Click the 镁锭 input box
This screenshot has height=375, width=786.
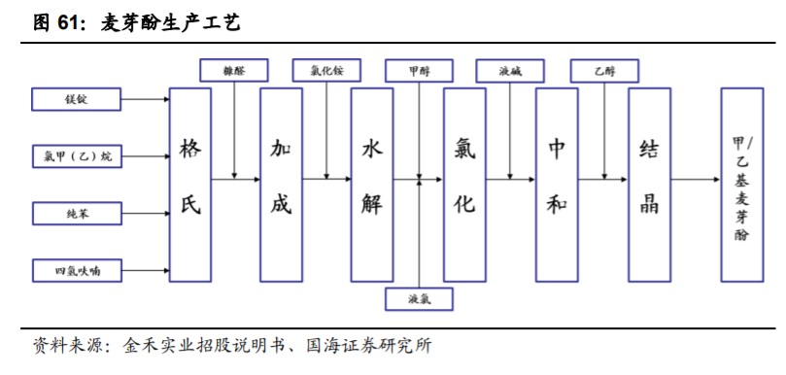coord(77,100)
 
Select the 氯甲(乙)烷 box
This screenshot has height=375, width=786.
coord(77,155)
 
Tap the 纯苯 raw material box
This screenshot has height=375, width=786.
coord(77,212)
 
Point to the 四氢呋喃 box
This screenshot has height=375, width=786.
coord(77,269)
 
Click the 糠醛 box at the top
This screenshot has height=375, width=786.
coord(234,70)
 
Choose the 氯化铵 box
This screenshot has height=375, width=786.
coord(325,70)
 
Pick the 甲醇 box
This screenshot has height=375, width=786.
coord(419,70)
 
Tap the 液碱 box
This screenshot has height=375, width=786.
coord(510,70)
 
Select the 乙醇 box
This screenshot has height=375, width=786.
coord(604,70)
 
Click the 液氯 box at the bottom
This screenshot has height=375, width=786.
coord(419,299)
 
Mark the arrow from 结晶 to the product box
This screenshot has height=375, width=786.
coord(695,179)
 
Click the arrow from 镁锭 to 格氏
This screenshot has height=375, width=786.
coord(145,100)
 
